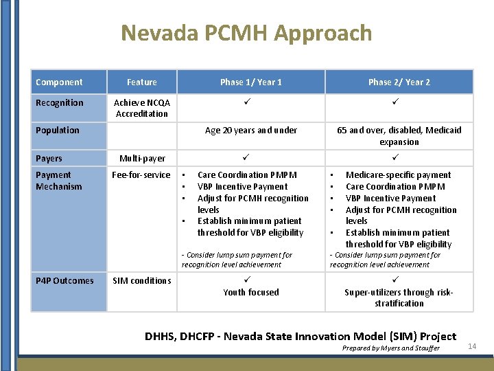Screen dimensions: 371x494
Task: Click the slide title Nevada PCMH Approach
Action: [246, 33]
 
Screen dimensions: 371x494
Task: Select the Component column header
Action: [59, 82]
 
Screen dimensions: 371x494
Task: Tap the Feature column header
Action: [142, 82]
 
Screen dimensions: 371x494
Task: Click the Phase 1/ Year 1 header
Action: [250, 82]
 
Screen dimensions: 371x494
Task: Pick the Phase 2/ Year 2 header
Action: [399, 82]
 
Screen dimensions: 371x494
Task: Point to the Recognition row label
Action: [60, 103]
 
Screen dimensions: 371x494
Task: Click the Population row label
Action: [58, 131]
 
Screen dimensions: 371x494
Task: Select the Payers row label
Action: [49, 159]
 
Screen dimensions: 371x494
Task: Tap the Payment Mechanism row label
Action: [59, 181]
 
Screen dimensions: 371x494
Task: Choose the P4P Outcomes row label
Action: [64, 280]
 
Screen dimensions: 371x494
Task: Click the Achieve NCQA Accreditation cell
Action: [142, 109]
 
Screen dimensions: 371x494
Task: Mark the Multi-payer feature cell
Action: [142, 159]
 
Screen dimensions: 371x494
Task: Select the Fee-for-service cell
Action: [141, 175]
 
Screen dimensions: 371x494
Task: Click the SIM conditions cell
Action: [142, 280]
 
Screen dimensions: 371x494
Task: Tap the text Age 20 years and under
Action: [251, 131]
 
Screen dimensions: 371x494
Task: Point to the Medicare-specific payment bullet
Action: [398, 175]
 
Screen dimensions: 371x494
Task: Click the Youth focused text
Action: [251, 292]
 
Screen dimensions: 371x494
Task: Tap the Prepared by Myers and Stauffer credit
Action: [391, 348]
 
